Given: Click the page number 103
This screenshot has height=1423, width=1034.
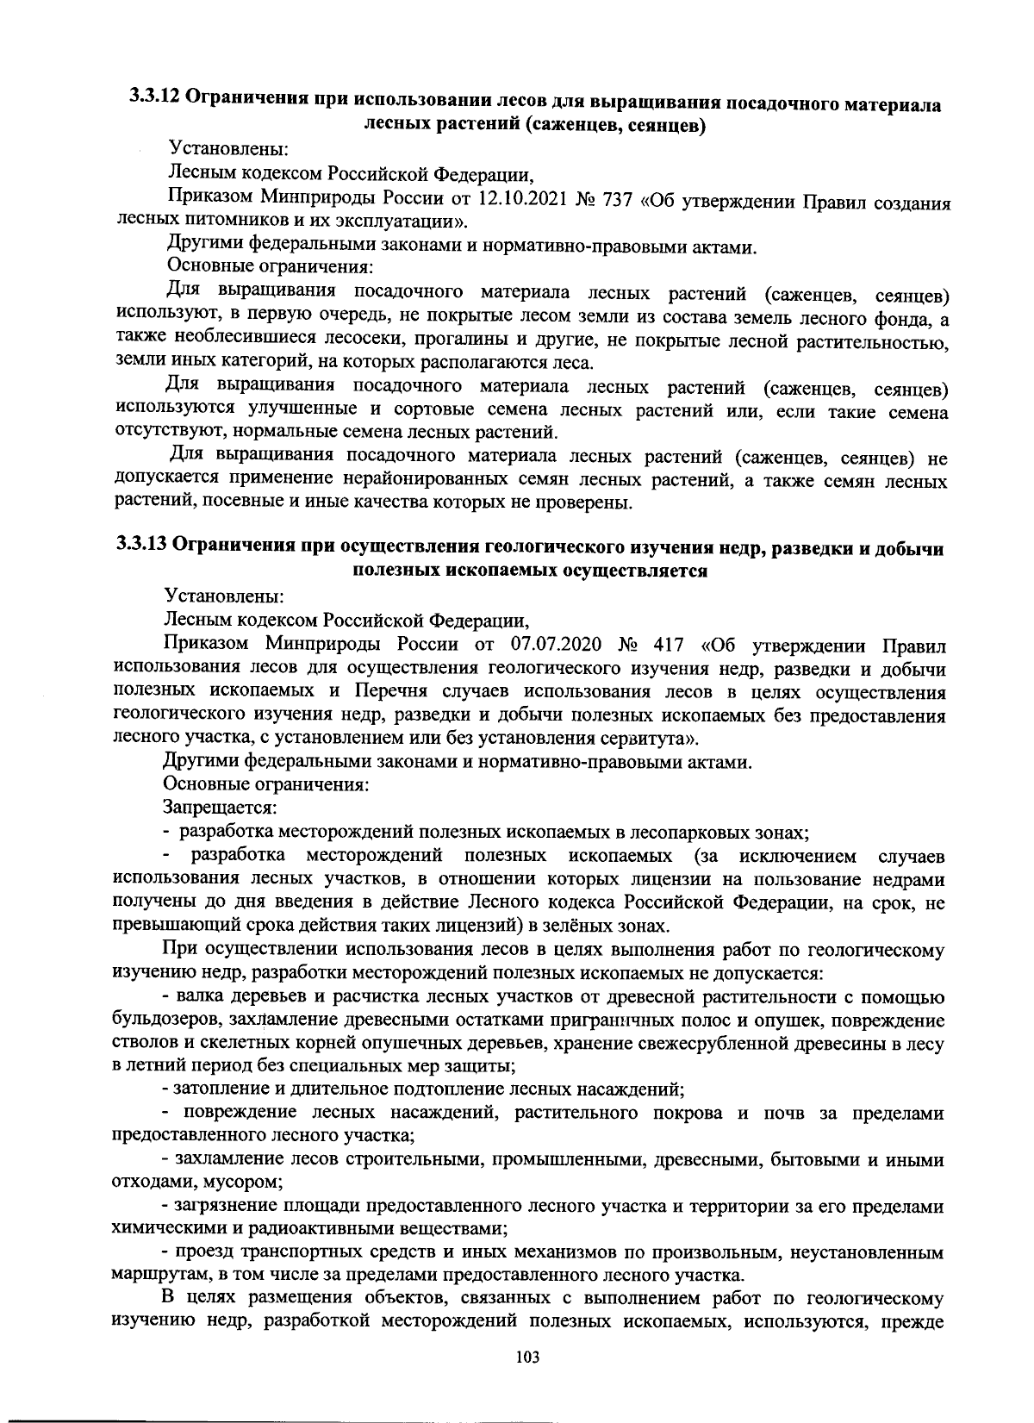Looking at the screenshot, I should click(x=526, y=1357).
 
